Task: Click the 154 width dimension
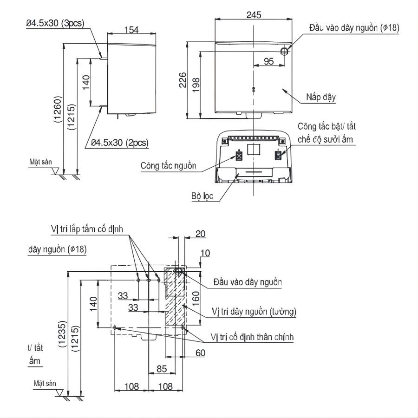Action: point(132,30)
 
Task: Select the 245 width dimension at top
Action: point(253,15)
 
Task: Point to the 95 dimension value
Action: point(268,61)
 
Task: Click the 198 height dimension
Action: point(196,84)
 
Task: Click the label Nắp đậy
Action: point(320,98)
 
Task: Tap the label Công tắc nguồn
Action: point(168,166)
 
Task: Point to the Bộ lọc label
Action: point(202,196)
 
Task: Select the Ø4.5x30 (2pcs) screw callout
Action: point(119,143)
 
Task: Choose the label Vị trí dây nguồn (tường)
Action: point(254,311)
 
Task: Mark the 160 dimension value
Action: point(196,296)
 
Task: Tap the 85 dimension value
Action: point(162,370)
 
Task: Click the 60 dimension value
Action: point(200,353)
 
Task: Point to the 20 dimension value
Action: point(200,235)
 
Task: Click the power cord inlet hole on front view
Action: point(284,51)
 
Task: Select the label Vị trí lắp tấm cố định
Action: point(87,229)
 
